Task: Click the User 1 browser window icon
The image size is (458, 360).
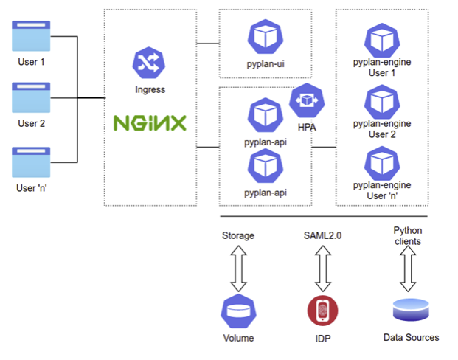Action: (x=31, y=36)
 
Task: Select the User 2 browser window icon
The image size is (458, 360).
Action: (x=31, y=97)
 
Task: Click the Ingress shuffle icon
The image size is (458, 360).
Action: (x=150, y=63)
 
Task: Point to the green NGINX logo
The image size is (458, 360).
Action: (x=150, y=122)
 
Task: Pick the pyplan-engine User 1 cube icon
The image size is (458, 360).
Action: (x=382, y=41)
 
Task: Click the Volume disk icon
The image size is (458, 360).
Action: (x=237, y=312)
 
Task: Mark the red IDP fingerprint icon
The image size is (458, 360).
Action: (x=322, y=311)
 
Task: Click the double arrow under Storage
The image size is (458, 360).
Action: (x=237, y=269)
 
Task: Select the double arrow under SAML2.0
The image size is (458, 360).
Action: (x=322, y=269)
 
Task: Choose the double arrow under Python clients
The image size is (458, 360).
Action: (x=408, y=269)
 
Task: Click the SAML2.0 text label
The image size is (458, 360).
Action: (x=322, y=236)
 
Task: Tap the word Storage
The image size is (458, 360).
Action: (x=237, y=236)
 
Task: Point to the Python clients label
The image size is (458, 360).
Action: (x=408, y=236)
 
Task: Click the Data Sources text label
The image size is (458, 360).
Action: (x=411, y=338)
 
